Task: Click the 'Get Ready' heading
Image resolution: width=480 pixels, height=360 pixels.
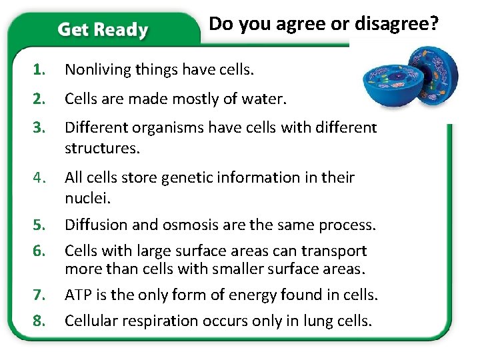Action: pos(103,29)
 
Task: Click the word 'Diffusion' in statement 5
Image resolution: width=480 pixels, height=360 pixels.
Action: pos(92,225)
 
